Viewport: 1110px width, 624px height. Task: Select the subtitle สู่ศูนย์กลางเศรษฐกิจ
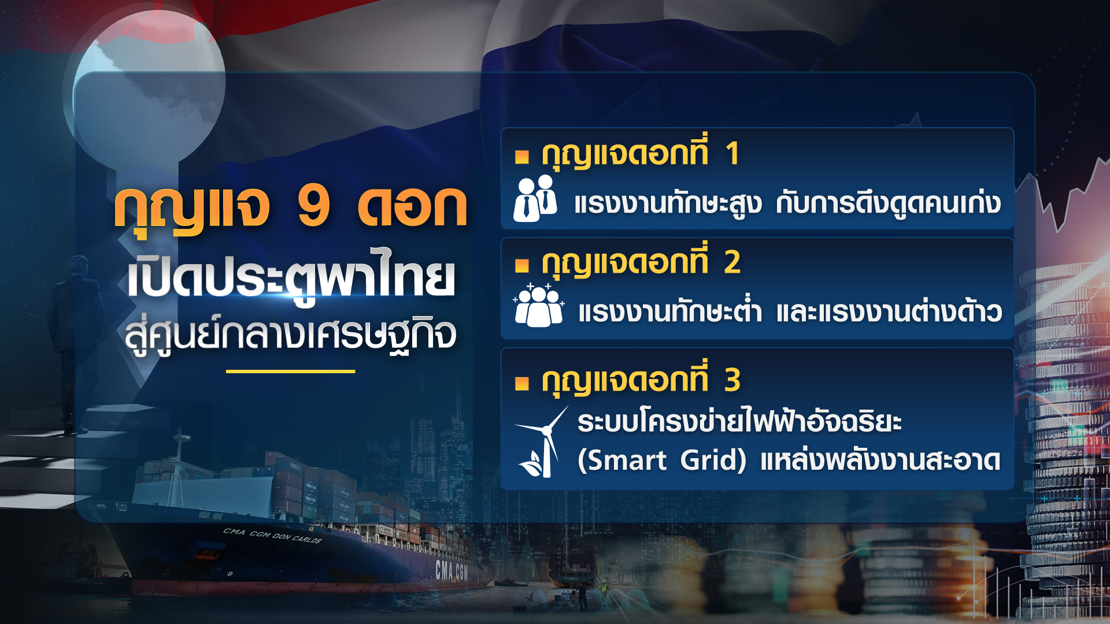(291, 335)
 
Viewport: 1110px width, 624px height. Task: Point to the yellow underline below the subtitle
(290, 372)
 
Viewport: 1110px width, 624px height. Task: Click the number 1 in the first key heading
(732, 154)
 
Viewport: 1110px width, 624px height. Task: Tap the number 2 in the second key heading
(732, 262)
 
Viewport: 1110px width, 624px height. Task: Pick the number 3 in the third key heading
(732, 380)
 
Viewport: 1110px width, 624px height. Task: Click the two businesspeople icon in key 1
(535, 199)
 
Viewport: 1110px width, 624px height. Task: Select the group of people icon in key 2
(538, 306)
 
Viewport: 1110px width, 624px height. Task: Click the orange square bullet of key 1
(522, 156)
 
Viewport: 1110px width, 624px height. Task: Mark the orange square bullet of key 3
(522, 383)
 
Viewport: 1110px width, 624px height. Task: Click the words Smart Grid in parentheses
(662, 460)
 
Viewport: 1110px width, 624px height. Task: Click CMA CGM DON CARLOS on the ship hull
(272, 536)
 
